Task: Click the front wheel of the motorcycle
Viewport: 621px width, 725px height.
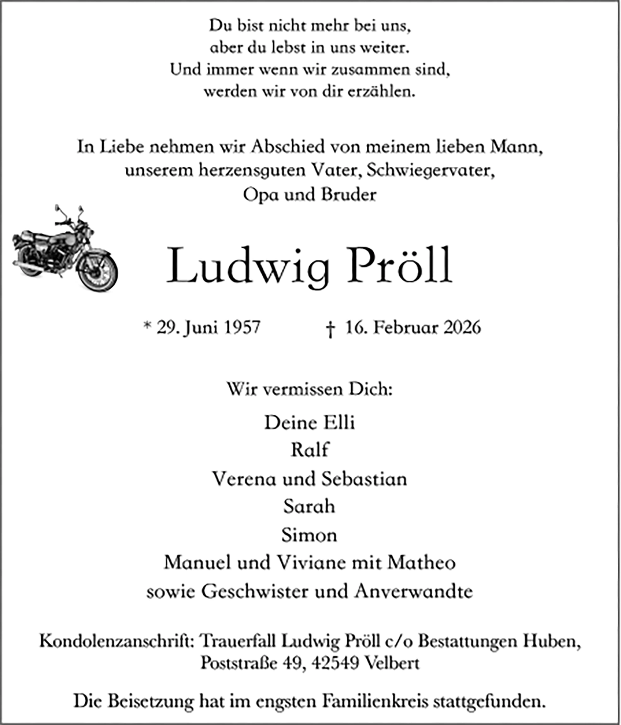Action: coord(98,272)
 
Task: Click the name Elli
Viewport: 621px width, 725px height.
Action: coord(339,423)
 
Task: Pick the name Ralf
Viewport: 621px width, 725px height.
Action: coord(310,450)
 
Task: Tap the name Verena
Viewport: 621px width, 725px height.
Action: coord(244,479)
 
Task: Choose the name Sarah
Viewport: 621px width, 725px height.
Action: coord(309,507)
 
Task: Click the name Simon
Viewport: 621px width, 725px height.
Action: coord(309,535)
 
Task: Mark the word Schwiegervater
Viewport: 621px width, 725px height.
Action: coord(431,170)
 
